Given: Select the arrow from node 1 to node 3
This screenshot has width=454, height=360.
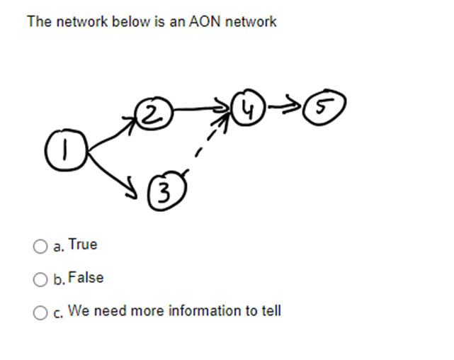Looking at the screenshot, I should [113, 170].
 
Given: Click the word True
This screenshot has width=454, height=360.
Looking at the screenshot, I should [83, 244].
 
